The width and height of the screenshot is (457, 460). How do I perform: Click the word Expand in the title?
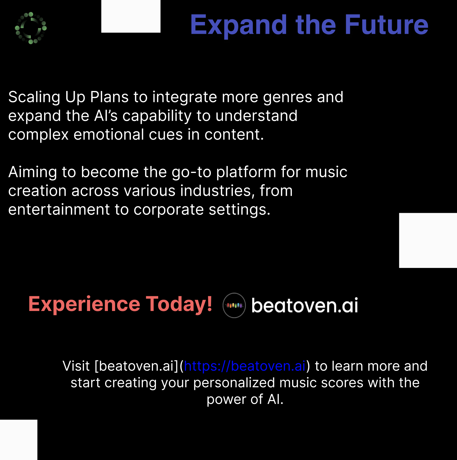[238, 25]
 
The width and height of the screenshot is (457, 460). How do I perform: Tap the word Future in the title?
[387, 25]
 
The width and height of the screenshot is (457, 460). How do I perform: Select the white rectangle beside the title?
[131, 16]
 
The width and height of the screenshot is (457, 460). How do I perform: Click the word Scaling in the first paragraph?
[34, 97]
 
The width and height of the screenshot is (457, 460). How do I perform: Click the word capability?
[157, 116]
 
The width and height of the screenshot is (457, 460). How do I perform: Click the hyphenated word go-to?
[191, 172]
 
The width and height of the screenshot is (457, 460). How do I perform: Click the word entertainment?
[59, 209]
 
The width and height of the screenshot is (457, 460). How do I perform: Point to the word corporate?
[169, 210]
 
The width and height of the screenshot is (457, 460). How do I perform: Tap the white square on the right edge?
[428, 240]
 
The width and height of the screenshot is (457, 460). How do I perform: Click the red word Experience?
[84, 304]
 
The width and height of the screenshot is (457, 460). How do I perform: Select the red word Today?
[179, 304]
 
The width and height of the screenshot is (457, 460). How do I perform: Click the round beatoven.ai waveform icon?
[234, 306]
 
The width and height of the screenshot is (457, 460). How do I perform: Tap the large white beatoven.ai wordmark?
[305, 305]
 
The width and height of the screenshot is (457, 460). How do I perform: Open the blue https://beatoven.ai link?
[245, 366]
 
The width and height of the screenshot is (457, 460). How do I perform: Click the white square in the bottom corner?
[18, 439]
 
